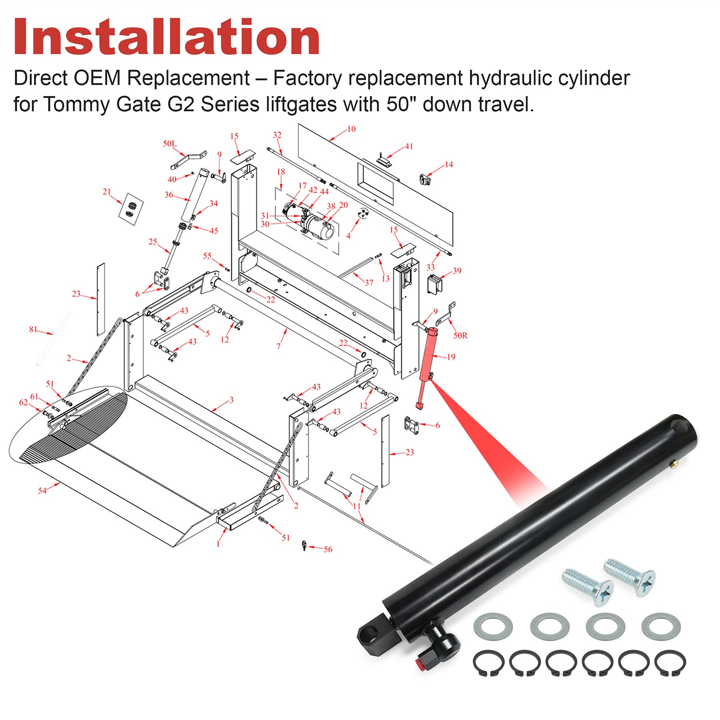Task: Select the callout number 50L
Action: pos(169,144)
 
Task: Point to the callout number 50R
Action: pos(460,336)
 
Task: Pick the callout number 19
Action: pos(451,357)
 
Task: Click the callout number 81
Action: pos(33,329)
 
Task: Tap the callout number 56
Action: pos(328,549)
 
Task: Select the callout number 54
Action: pos(42,491)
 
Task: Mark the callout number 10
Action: pos(351,129)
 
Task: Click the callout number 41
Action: pos(408,146)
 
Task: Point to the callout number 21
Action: pos(107,192)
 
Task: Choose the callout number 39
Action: pos(456,271)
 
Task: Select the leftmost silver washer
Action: pos(493,627)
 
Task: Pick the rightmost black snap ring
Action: pos(670,663)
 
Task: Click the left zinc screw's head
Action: pos(602,593)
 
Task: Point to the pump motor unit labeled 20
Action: pos(319,227)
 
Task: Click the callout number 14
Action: pos(448,165)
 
